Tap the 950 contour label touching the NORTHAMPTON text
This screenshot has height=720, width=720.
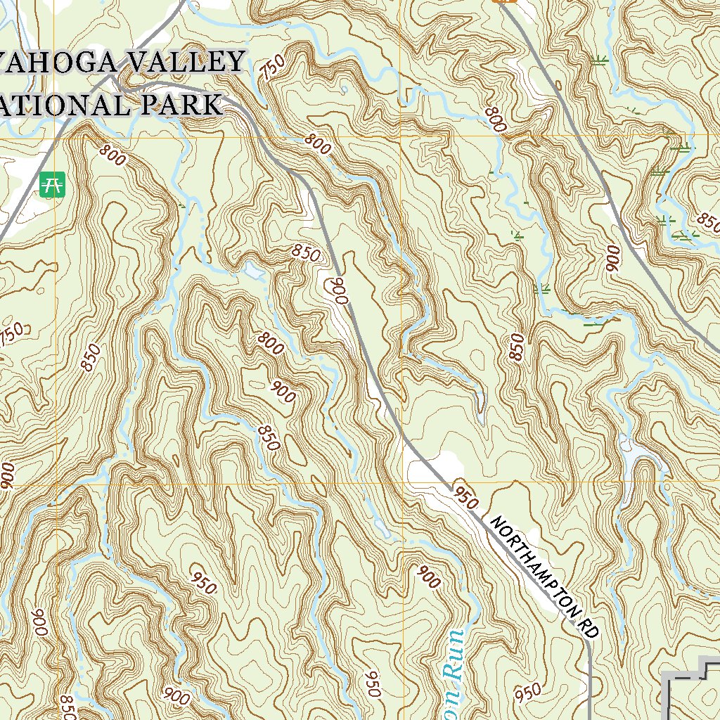pos(466,497)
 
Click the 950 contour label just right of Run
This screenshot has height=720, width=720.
pos(529,693)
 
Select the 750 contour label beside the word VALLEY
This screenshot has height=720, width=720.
pos(273,69)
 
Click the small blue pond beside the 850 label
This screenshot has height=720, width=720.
pos(252,269)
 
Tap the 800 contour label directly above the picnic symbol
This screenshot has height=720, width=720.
pos(112,155)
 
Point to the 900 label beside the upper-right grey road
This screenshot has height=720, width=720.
pos(613,259)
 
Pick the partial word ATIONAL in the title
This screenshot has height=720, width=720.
pos(60,105)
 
